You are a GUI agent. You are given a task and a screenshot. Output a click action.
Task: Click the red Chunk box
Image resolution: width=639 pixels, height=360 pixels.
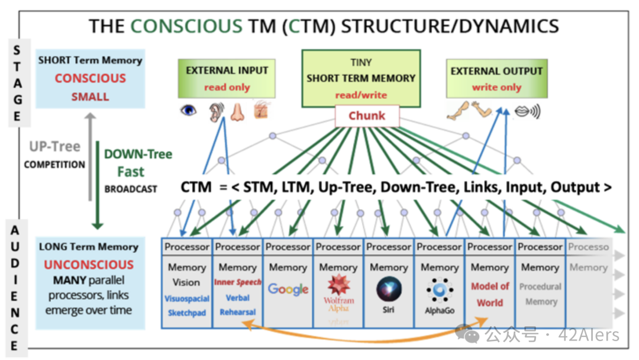[367, 115]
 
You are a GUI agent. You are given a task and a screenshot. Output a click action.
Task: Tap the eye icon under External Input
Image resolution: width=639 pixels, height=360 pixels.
[189, 111]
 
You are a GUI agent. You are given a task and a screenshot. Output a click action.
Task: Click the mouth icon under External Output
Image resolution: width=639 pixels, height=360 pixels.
[525, 111]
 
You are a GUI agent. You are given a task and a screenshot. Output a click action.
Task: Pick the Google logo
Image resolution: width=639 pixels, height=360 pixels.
[288, 289]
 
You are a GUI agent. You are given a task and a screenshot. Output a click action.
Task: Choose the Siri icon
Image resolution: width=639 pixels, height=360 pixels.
[389, 290]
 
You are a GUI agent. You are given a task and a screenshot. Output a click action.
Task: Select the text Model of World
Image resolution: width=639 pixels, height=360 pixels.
[490, 294]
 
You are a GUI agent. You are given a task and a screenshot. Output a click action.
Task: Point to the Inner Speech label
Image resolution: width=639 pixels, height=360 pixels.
[237, 282]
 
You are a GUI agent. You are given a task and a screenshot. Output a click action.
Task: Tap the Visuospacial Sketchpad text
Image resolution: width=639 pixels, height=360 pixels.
[187, 306]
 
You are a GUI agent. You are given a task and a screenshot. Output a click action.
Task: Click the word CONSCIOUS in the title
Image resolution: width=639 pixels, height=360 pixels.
[186, 26]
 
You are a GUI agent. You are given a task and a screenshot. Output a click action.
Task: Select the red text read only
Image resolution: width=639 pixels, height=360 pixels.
[227, 87]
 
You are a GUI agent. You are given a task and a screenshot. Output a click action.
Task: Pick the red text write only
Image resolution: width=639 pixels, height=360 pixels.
[496, 87]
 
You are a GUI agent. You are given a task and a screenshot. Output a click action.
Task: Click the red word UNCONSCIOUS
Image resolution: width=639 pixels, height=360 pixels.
[89, 265]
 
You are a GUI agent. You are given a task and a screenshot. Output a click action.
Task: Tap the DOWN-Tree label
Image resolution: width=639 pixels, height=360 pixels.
[138, 155]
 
